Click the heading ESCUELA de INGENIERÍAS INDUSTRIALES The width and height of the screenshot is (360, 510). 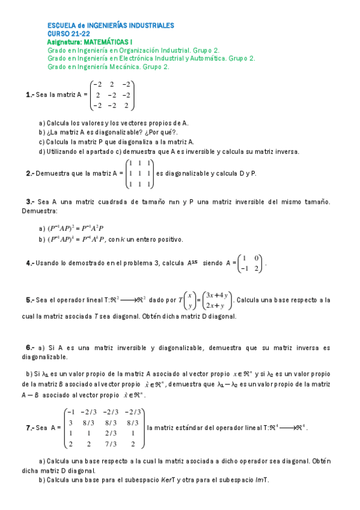pyautogui.click(x=111, y=26)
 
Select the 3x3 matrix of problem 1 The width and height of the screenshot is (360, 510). pyautogui.click(x=112, y=96)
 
